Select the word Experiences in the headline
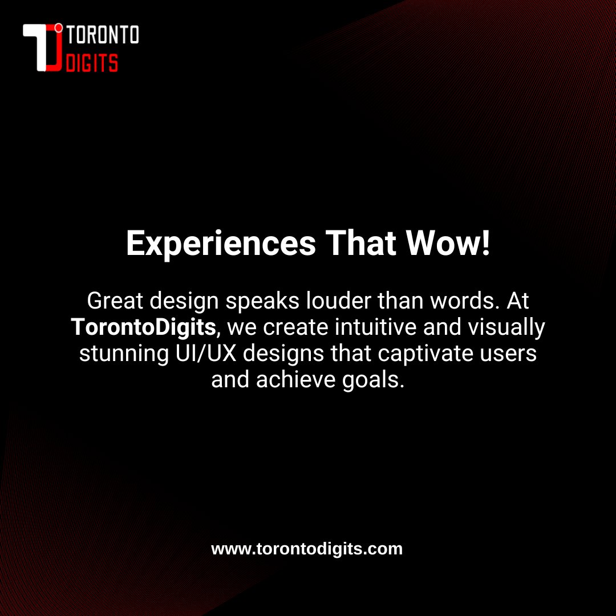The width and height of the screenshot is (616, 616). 221,244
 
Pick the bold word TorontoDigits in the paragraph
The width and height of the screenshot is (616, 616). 143,327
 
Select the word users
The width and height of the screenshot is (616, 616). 509,354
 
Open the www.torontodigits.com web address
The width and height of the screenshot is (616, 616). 307,549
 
